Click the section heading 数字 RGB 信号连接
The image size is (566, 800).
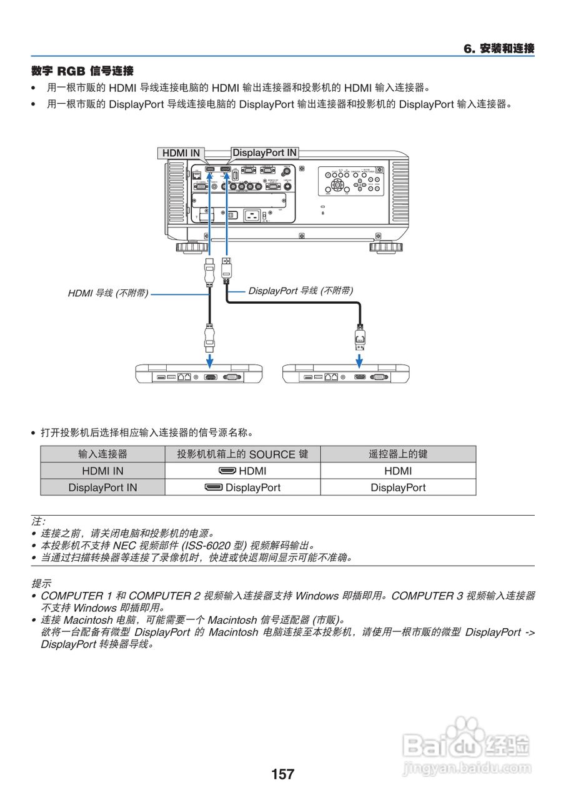[82, 71]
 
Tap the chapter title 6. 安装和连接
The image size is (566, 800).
[499, 49]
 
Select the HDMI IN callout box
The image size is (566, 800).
[181, 153]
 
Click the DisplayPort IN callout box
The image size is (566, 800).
[264, 152]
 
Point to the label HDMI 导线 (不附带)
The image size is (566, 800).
[108, 292]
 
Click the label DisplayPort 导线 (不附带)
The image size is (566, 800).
[300, 291]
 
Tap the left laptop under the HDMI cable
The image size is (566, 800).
[199, 373]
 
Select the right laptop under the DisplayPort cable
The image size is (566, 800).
[346, 373]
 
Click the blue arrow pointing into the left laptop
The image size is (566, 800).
[210, 361]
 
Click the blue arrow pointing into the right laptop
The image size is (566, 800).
[359, 361]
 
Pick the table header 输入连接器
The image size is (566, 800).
[102, 454]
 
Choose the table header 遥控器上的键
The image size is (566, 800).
[398, 454]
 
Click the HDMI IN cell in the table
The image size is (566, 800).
[102, 471]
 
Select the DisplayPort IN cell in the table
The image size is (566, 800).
[102, 487]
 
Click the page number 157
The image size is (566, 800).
[282, 774]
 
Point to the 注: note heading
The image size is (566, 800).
[38, 521]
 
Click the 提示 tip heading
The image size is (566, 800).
[41, 583]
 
